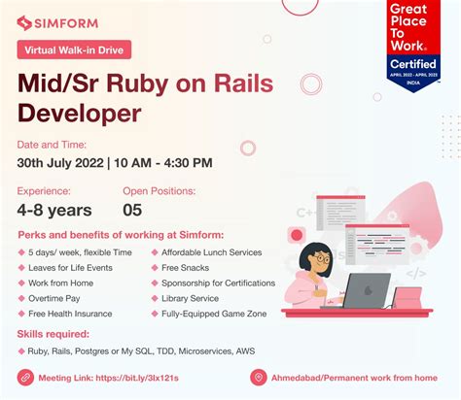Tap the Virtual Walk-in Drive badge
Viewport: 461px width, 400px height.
74,49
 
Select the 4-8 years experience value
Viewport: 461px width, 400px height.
54,210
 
